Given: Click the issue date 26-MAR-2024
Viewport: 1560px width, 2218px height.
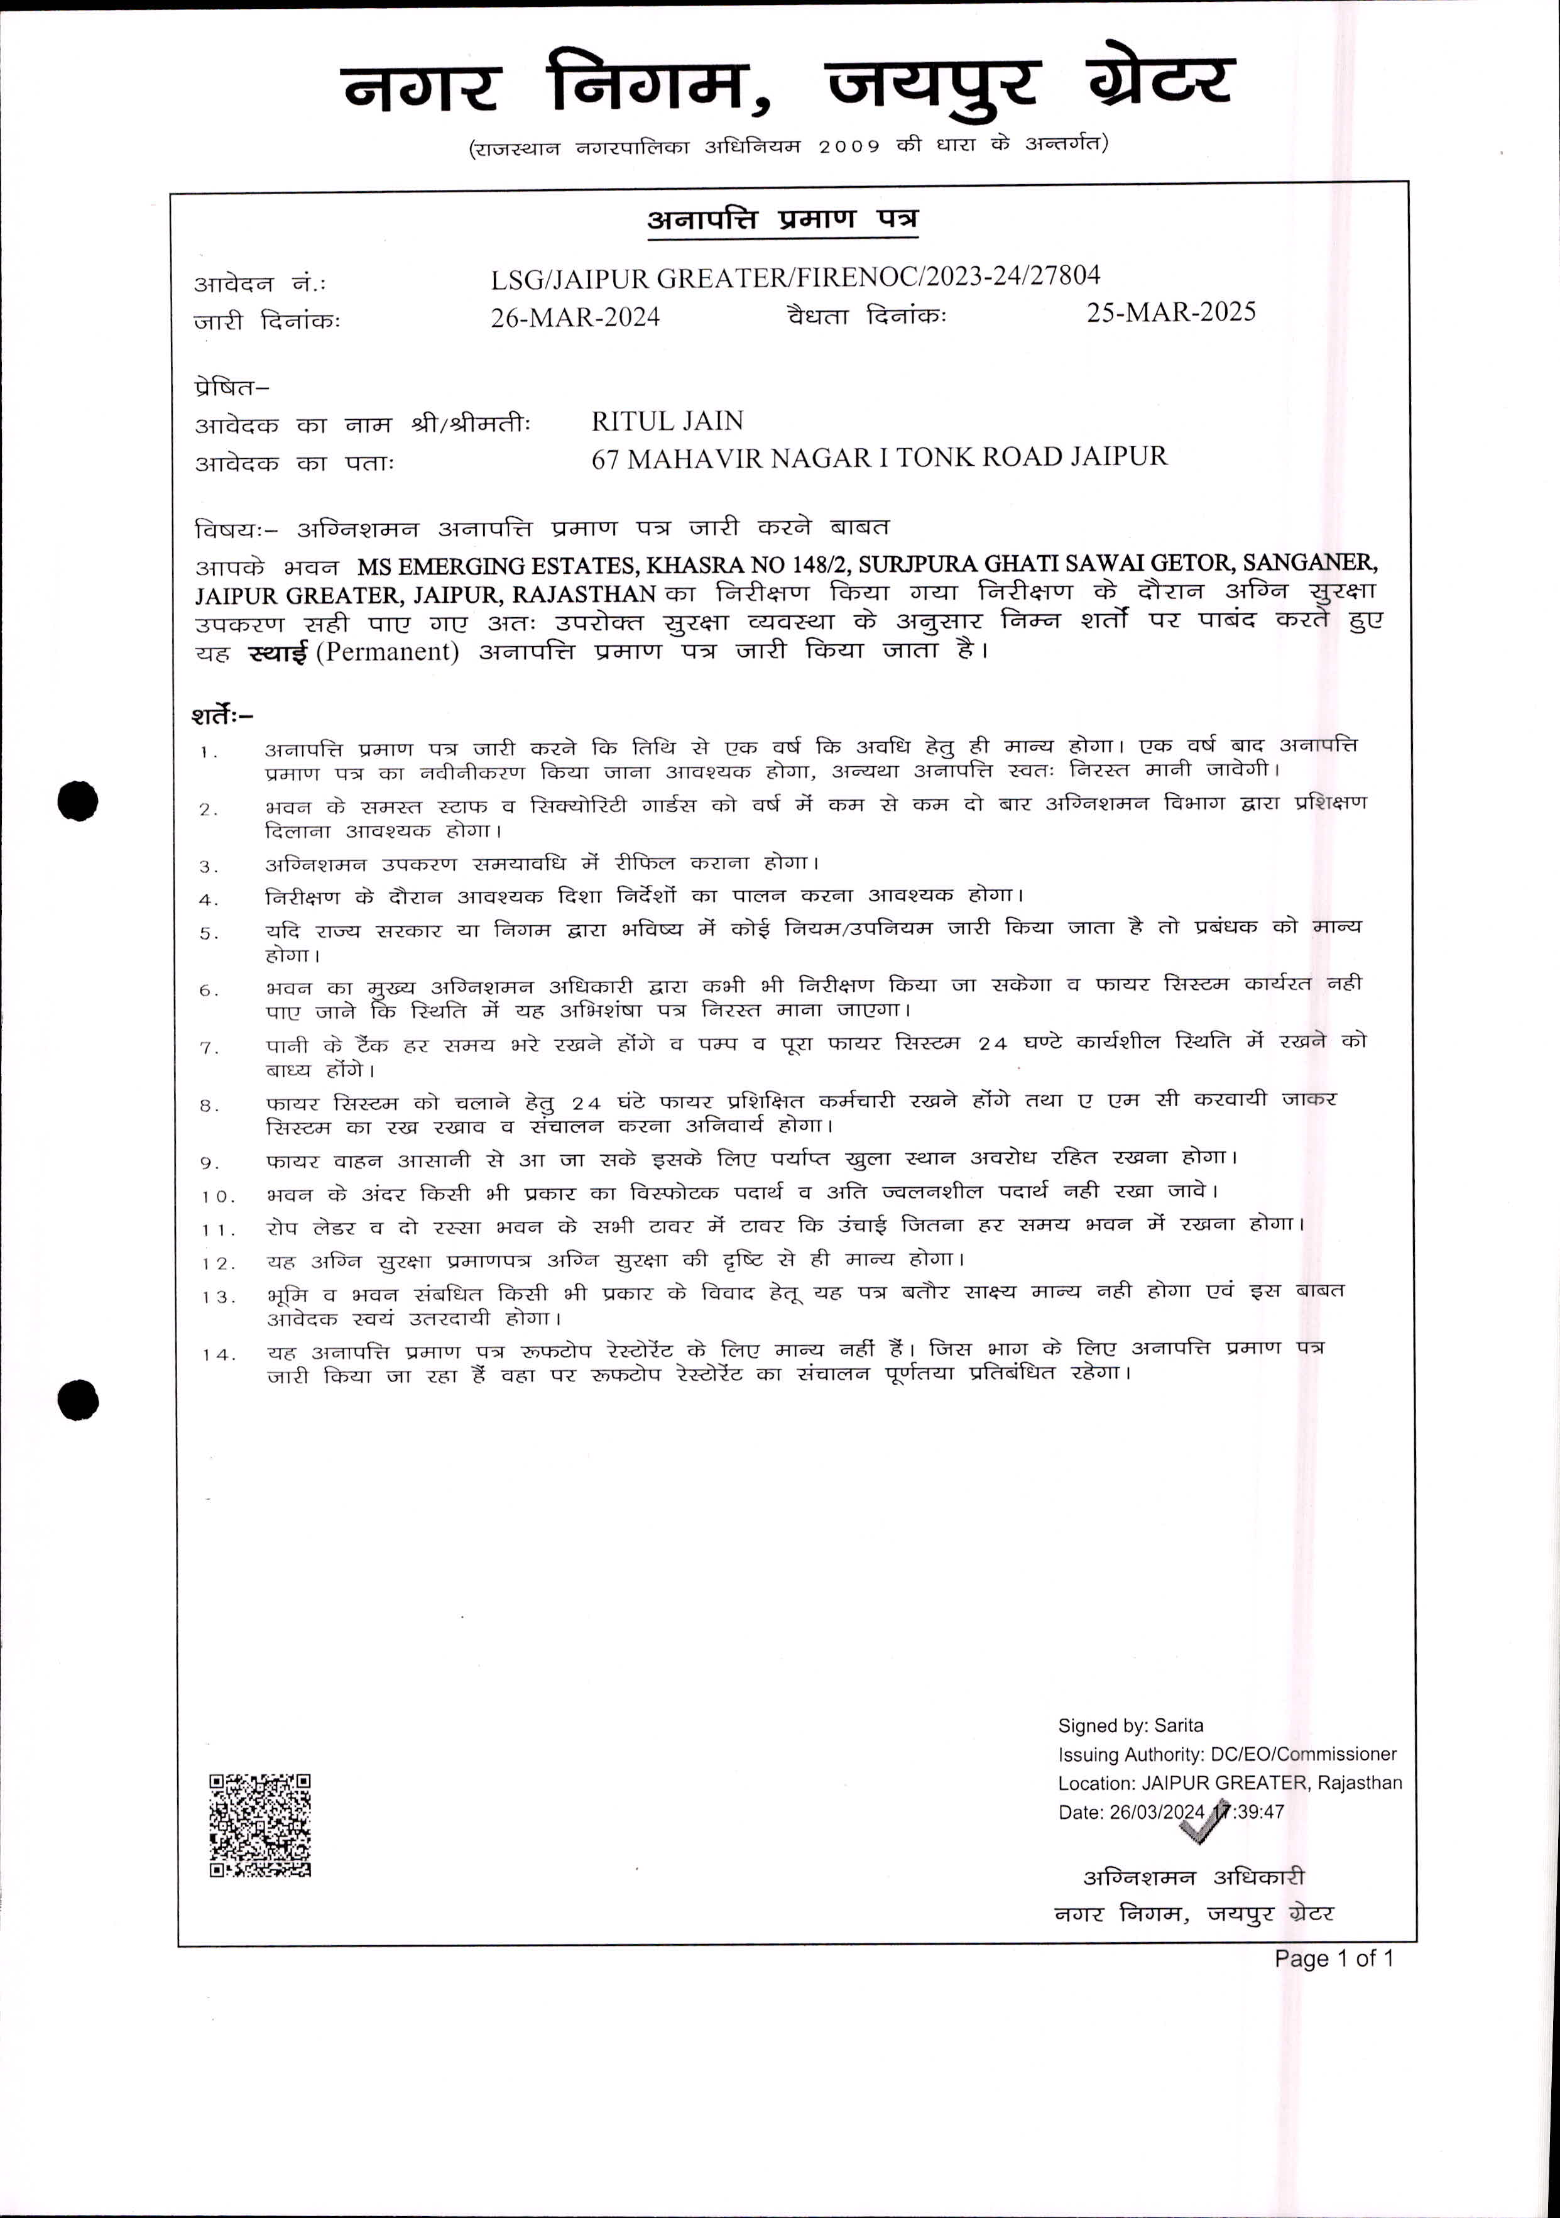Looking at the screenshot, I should [575, 317].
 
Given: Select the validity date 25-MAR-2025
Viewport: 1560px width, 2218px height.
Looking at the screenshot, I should [1170, 312].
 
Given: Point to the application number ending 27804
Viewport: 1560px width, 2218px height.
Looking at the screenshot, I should [795, 277].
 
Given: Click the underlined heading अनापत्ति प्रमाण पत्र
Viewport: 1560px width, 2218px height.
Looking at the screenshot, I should [782, 220].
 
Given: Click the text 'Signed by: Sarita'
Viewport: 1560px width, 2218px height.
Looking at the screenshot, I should [1130, 1725].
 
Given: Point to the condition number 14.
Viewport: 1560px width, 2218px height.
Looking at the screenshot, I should [218, 1354].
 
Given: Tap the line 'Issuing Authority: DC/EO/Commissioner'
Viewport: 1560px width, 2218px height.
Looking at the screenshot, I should [1227, 1754].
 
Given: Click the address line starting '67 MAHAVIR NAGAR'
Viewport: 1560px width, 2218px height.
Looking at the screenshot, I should [879, 457].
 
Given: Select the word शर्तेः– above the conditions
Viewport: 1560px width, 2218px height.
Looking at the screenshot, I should [222, 716].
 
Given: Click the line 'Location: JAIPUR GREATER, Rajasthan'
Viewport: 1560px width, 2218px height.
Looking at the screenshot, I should [1230, 1782].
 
